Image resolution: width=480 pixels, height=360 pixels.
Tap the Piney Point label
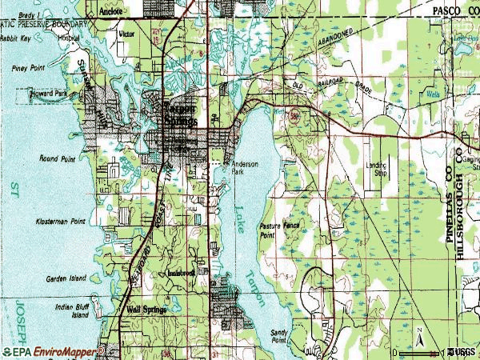coord(27,69)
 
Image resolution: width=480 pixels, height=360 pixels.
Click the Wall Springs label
coord(144,309)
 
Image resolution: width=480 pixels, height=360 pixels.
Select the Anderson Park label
coord(245,167)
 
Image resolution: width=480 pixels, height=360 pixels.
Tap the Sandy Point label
coord(279,337)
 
